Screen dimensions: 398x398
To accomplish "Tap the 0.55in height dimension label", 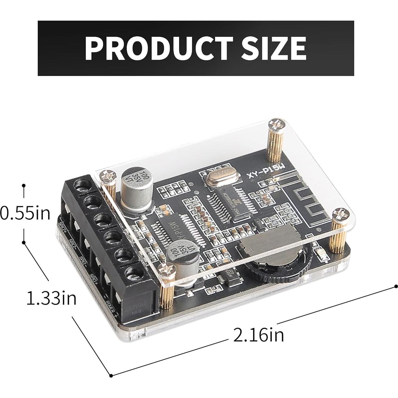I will (x=25, y=213).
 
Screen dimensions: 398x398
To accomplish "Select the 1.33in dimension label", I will (x=51, y=298).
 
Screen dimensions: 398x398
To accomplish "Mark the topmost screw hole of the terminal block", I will (x=82, y=185).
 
